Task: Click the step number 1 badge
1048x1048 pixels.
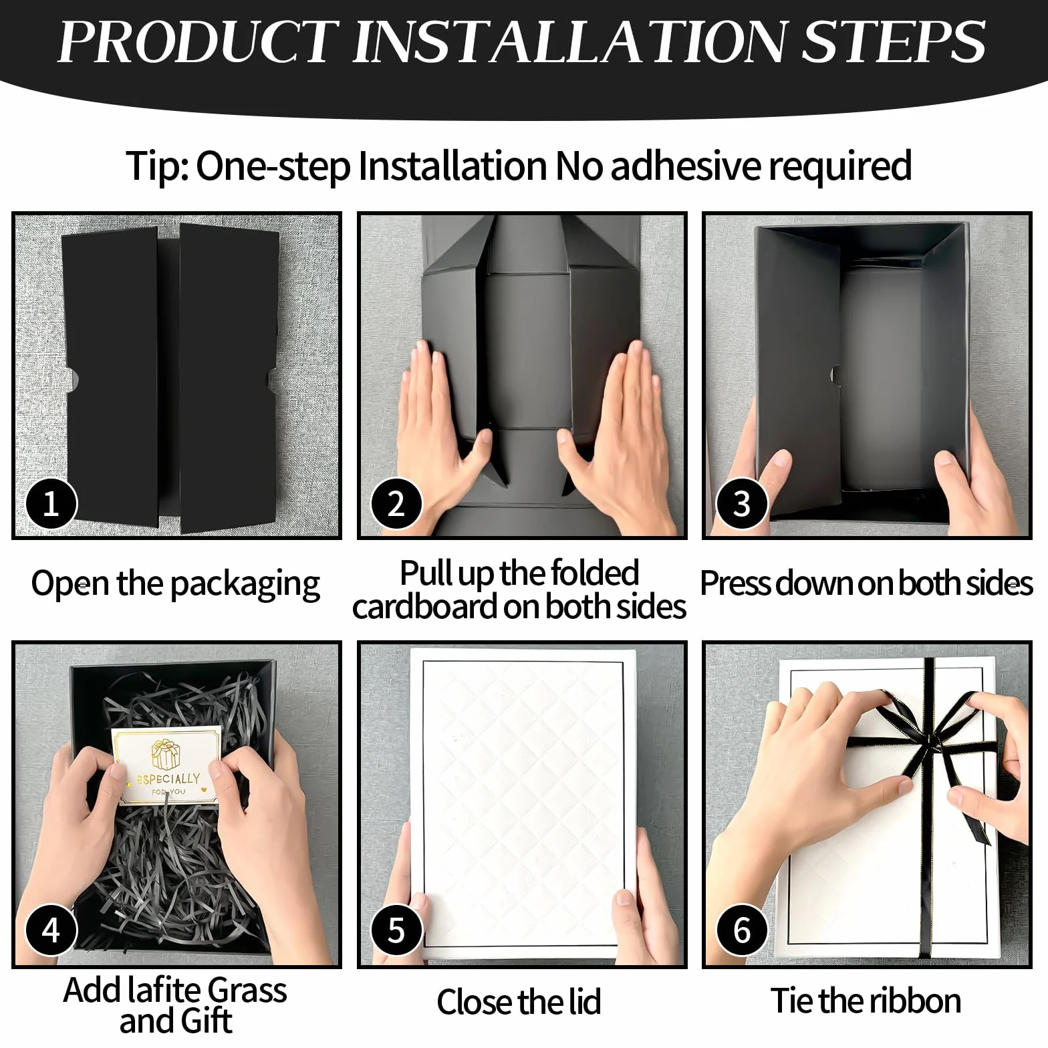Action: coord(51,503)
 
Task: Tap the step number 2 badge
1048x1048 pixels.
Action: coord(396,503)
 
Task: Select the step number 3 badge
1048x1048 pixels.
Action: coord(742,503)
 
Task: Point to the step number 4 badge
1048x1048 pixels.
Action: coord(51,930)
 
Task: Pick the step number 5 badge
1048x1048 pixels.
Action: coord(396,930)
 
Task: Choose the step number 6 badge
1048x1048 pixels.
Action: coord(742,930)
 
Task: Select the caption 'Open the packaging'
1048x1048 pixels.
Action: coord(176,583)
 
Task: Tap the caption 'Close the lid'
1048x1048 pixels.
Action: coord(519,1002)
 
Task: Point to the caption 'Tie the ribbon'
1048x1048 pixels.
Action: coord(866,1001)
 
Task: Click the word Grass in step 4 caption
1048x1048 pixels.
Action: coord(247,990)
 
